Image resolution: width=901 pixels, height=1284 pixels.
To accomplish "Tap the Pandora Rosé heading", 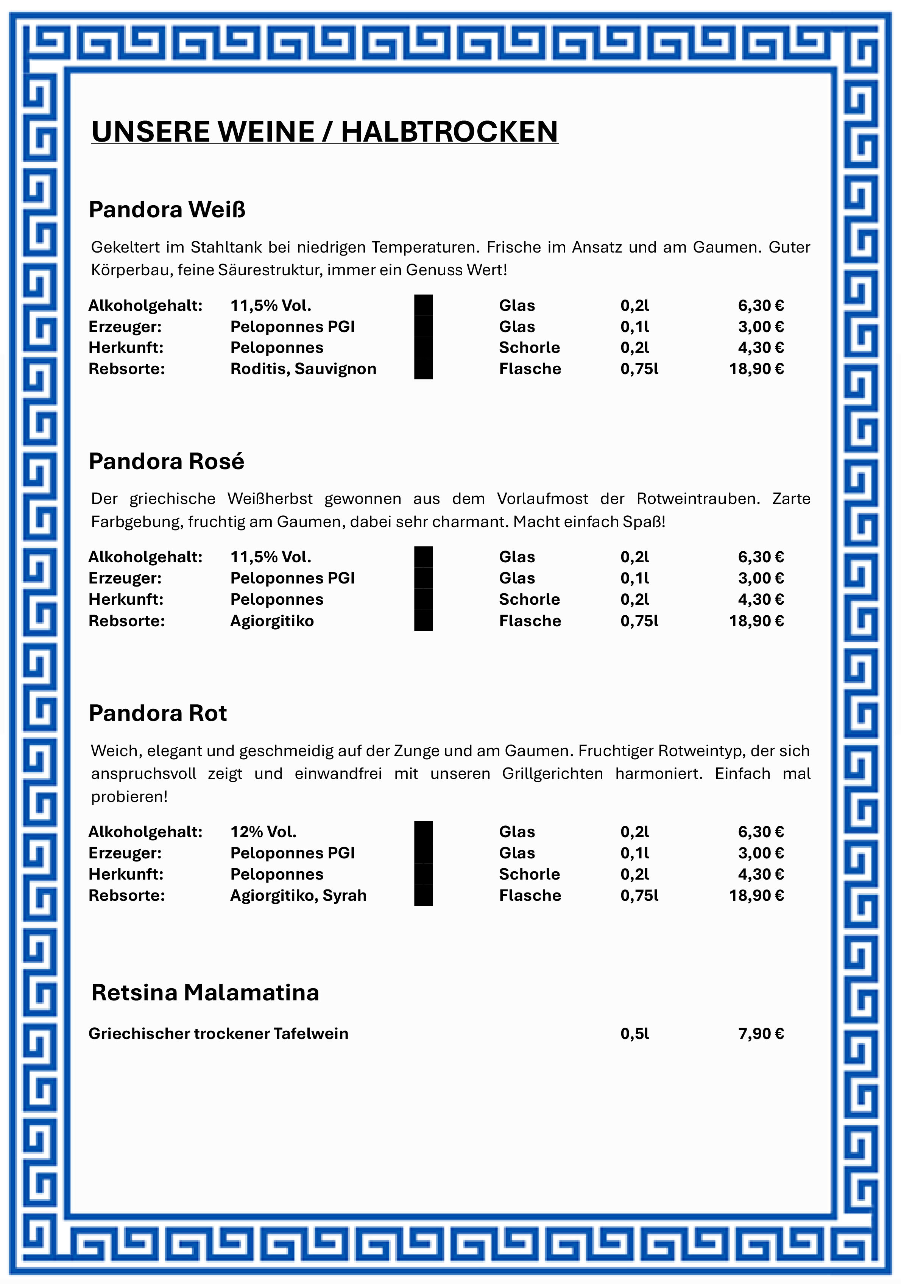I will (166, 461).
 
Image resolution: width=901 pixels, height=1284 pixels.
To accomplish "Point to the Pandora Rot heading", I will (158, 713).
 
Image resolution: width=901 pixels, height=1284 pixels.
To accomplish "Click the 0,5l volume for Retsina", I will (635, 1033).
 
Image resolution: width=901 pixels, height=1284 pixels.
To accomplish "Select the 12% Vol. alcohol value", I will (263, 832).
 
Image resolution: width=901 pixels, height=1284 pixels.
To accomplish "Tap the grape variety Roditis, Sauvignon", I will (303, 368).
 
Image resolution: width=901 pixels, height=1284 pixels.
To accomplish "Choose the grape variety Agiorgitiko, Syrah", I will (298, 896).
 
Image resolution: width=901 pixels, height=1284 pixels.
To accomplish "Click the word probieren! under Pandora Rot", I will (129, 796).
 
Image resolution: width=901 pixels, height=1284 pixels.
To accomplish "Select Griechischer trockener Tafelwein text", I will (218, 1033).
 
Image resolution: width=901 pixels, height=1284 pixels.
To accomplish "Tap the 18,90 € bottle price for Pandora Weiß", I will (756, 368).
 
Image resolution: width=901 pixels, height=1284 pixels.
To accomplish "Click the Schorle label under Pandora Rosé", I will (529, 599).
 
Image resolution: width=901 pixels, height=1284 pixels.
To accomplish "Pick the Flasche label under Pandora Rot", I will (530, 896).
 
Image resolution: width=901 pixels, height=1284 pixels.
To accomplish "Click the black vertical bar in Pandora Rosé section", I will (423, 588).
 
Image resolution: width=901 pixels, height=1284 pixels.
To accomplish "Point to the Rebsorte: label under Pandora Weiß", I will (126, 368).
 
